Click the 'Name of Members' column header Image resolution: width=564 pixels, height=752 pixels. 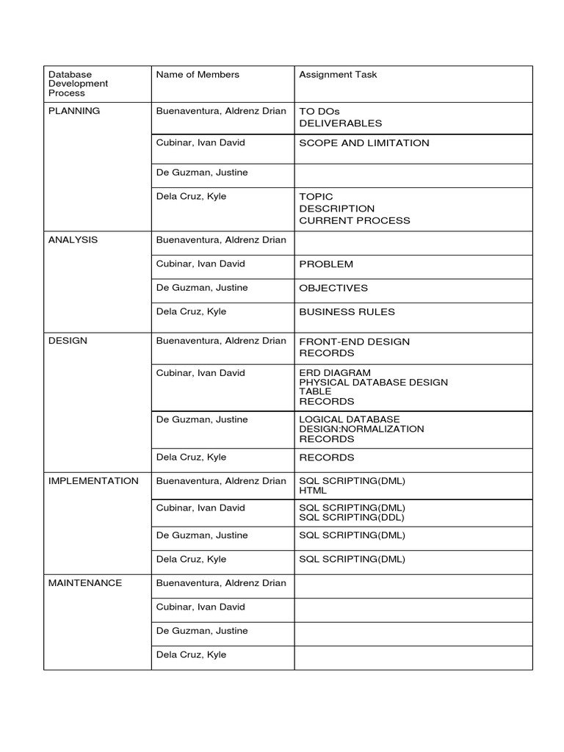pos(198,74)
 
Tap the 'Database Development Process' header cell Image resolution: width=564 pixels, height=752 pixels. pos(78,84)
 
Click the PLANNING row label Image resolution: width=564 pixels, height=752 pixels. pos(73,111)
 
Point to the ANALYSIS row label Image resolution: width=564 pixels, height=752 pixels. pos(73,240)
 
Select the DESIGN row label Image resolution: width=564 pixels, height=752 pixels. pos(68,341)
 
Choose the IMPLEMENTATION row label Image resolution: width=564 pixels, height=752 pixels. pos(93,481)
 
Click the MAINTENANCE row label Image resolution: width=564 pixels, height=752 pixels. pos(85,583)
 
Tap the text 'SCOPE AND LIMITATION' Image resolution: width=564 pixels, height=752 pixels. pos(364,143)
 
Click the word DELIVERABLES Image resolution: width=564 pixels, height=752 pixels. pos(341,123)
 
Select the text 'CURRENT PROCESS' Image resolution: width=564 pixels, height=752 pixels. pos(355,220)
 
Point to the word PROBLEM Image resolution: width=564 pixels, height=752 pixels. pos(326,264)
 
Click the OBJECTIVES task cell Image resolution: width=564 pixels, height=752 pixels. pos(333,288)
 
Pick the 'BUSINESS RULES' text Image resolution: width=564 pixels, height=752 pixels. pos(347,311)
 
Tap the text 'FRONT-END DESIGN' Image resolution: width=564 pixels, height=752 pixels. pos(355,341)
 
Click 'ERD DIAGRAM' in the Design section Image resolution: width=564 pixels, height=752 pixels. pos(335,372)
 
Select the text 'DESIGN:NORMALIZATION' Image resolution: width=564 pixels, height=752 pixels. pos(361,429)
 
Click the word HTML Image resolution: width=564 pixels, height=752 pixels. pos(313,490)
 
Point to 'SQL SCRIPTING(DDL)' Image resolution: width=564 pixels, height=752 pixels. pos(352,517)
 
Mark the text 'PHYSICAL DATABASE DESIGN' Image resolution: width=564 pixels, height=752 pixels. pos(373,382)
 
